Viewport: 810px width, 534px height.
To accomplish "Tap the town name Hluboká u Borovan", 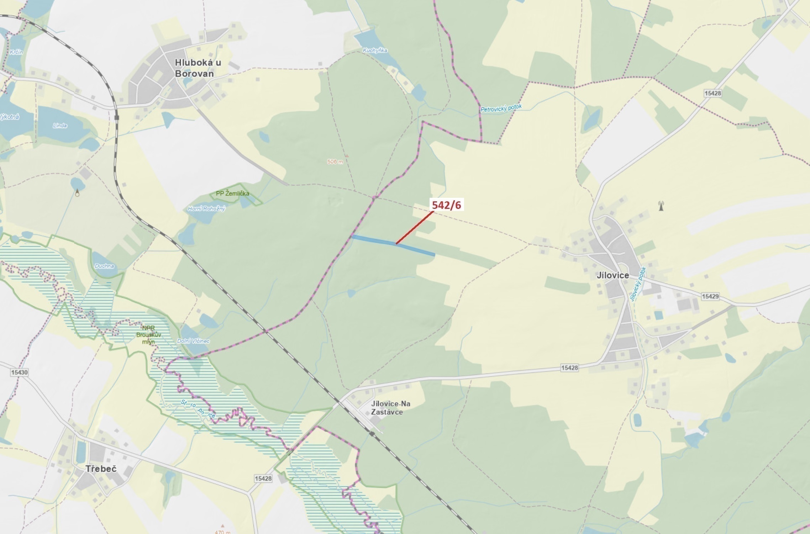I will click(198, 68).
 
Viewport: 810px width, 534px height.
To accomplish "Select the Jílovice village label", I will click(612, 275).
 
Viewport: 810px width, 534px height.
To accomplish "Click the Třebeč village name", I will click(101, 469).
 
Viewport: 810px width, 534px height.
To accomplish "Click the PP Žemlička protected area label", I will click(232, 194).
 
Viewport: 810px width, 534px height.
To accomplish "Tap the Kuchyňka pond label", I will click(375, 51).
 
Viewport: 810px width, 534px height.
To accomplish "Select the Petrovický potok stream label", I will click(501, 108).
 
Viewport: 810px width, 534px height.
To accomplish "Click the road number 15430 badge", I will click(19, 372).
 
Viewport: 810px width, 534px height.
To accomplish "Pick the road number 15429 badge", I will click(710, 296).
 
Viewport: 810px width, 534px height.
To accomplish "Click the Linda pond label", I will click(60, 125).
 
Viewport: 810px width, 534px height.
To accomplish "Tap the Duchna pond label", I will click(104, 266).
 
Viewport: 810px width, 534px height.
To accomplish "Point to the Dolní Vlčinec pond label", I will click(193, 341).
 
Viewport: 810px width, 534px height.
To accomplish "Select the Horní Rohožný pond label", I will click(206, 208).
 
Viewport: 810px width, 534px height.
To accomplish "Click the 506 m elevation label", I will click(335, 162).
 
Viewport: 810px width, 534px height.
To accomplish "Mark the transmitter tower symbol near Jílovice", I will click(661, 206).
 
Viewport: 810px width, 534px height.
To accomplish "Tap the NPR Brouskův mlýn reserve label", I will click(149, 335).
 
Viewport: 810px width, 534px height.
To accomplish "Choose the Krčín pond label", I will click(16, 52).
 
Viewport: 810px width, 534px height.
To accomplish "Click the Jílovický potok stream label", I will click(637, 284).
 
